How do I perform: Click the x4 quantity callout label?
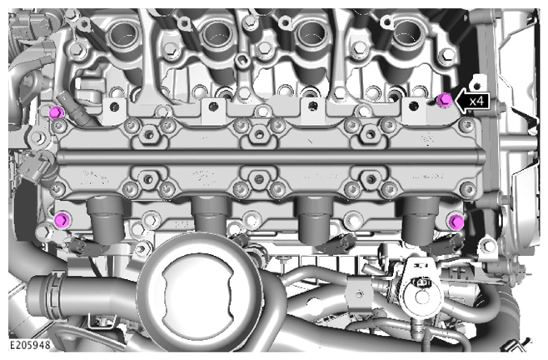(476, 102)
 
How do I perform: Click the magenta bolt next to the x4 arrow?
(445, 100)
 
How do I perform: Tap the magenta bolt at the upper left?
(57, 113)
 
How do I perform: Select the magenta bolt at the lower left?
(63, 220)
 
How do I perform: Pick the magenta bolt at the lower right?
(456, 222)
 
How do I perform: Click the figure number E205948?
(30, 345)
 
